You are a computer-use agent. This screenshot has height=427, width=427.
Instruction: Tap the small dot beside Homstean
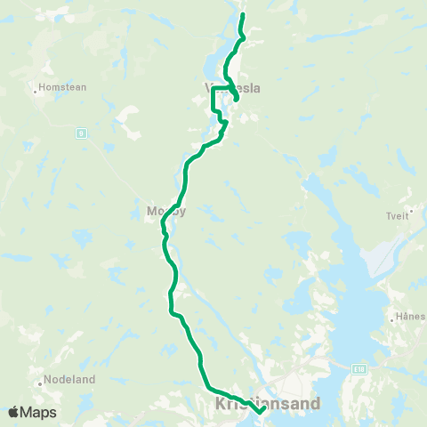click(35, 89)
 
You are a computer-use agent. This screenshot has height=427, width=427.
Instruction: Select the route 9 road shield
click(82, 133)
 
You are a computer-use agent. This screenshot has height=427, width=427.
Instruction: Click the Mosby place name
click(165, 212)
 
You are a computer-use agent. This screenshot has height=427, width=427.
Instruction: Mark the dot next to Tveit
click(411, 211)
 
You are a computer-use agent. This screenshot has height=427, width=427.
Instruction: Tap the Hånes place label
click(412, 316)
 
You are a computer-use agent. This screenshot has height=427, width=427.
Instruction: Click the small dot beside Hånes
click(393, 317)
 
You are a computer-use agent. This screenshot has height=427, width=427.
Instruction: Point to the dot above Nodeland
click(41, 384)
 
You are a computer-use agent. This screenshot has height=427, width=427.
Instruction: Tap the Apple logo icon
click(14, 412)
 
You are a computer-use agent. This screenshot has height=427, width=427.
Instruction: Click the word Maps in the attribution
click(39, 412)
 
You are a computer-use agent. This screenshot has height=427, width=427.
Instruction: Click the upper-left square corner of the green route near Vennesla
click(213, 86)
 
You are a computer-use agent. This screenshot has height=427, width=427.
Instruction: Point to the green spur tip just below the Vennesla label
click(236, 99)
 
